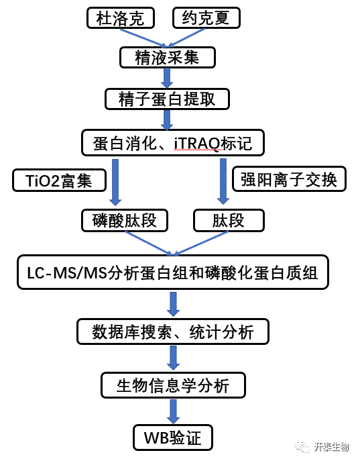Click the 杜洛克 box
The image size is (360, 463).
[121, 18]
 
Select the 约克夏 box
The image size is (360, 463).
[206, 18]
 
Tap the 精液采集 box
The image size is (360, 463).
[168, 57]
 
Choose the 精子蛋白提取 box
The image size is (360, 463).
[167, 99]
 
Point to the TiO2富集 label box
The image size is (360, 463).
[59, 181]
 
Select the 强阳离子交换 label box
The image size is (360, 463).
[289, 179]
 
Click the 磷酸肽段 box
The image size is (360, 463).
[125, 221]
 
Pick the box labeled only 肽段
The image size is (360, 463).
[229, 221]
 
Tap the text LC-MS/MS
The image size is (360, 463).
[67, 273]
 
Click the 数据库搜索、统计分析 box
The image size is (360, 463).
[172, 331]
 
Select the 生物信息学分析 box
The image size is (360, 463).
[173, 385]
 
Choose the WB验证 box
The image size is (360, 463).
[173, 438]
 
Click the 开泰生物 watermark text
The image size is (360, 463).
[331, 447]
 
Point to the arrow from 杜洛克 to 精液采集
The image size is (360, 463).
[144, 38]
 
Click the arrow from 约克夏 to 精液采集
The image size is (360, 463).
[186, 38]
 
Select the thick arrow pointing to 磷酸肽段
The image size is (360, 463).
[115, 183]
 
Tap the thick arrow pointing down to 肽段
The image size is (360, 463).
[223, 182]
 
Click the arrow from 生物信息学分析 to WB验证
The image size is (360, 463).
[173, 411]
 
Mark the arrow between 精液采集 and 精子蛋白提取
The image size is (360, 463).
[167, 78]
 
